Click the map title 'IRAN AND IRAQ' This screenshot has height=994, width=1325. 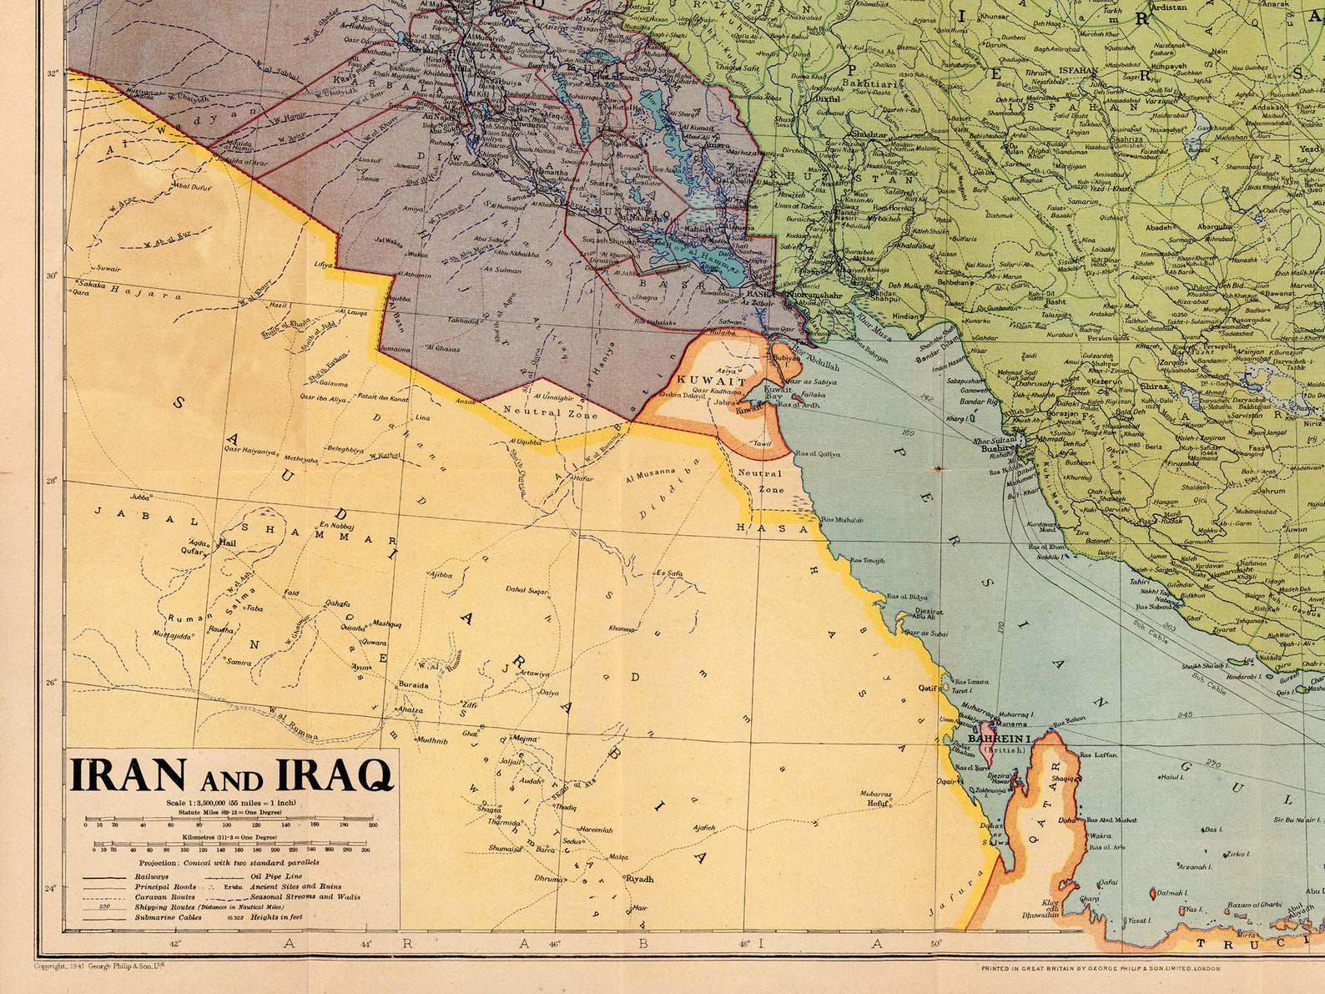[x=230, y=775]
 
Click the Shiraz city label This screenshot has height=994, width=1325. [x=1154, y=386]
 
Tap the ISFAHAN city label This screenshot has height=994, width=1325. [x=1078, y=71]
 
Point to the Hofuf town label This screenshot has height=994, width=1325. [x=875, y=803]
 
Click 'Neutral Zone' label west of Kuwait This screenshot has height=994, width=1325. [x=550, y=412]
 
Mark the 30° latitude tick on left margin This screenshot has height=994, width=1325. [x=52, y=276]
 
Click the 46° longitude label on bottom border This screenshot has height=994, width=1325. [x=553, y=944]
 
